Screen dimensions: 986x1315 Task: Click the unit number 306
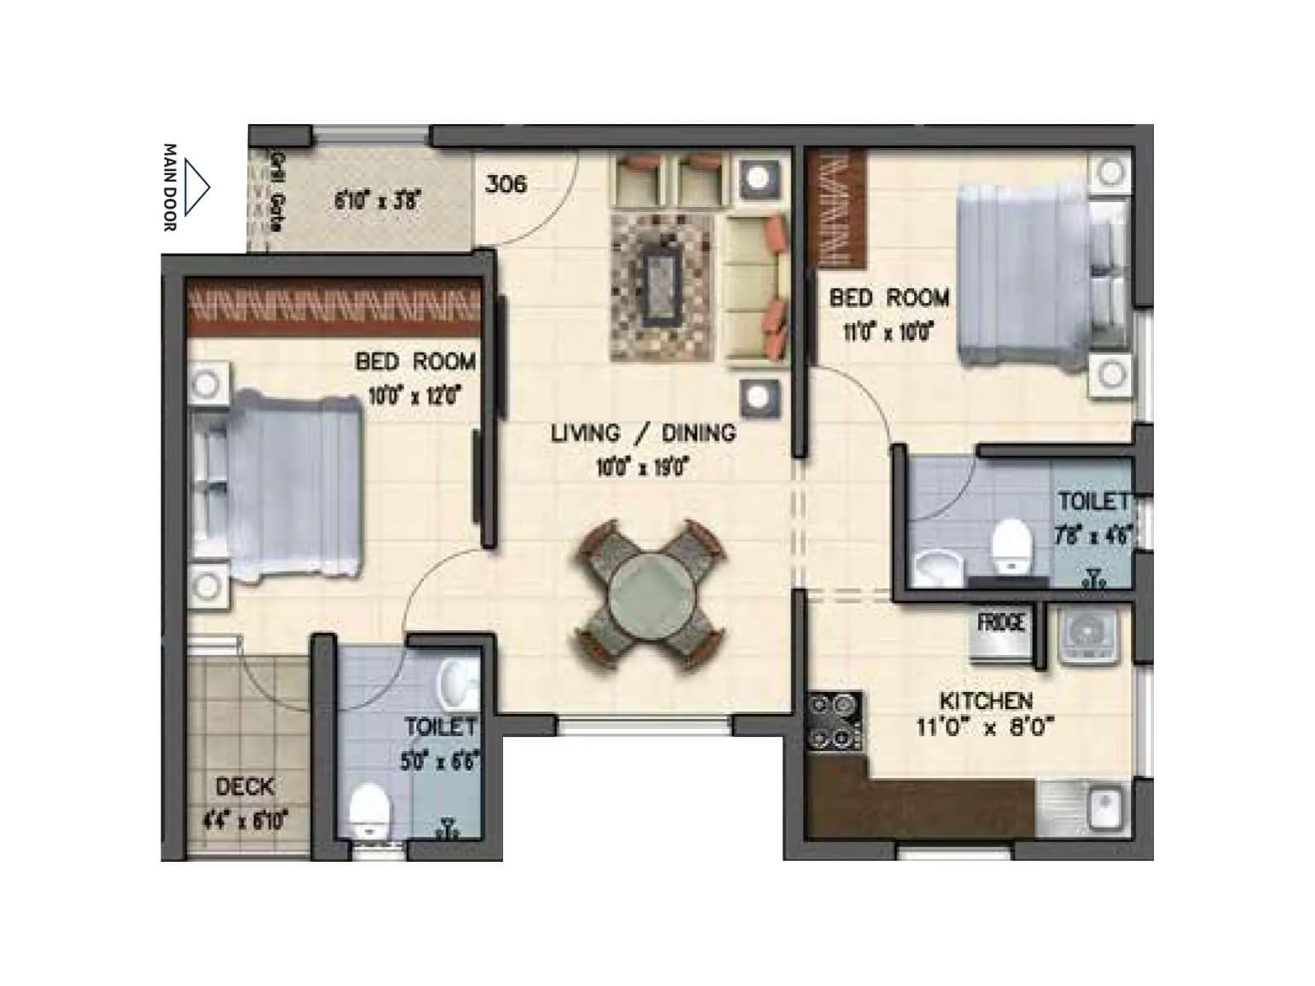[x=505, y=183]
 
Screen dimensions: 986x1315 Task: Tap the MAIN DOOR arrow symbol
[x=196, y=187]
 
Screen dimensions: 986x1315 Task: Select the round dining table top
[x=650, y=594]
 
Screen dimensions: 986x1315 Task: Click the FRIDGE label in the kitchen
[x=1001, y=623]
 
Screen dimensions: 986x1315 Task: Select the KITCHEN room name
[x=985, y=701]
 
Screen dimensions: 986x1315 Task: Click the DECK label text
[x=244, y=786]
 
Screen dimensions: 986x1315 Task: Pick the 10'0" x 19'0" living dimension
[x=642, y=468]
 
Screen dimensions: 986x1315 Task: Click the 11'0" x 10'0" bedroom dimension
[x=888, y=332]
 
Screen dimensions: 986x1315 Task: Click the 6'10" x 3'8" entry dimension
[x=377, y=200]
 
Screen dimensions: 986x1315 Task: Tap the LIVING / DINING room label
[x=643, y=433]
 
